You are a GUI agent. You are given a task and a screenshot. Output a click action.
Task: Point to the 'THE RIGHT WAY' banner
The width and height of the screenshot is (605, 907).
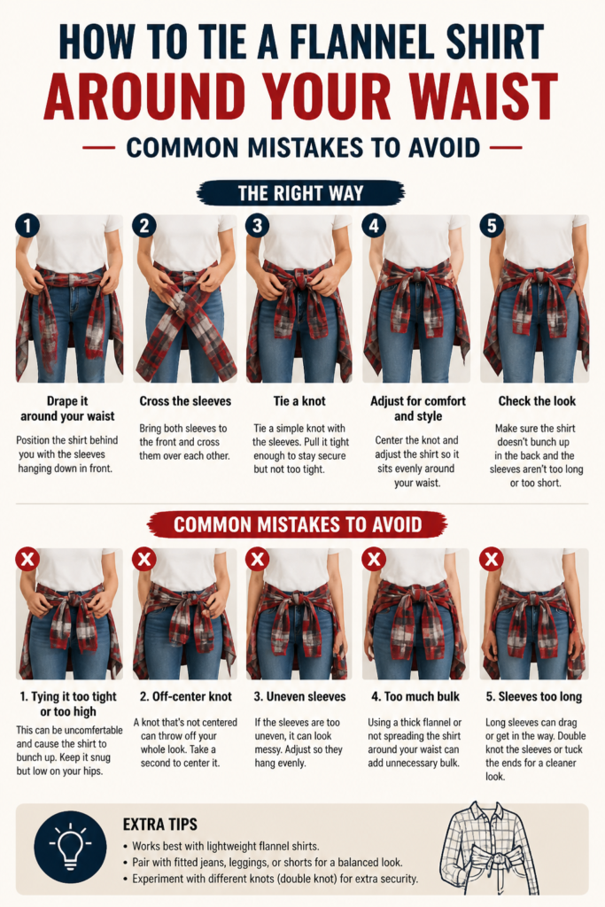[301, 192]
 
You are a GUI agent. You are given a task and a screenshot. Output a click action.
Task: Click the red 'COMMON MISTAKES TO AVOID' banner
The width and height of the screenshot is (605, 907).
[298, 524]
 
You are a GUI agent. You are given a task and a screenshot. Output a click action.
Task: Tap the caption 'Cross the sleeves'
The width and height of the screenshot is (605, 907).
[185, 401]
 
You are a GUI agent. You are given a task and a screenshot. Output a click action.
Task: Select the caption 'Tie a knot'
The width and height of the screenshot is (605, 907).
[299, 401]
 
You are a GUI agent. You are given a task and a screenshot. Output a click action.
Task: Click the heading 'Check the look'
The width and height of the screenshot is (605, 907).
[538, 401]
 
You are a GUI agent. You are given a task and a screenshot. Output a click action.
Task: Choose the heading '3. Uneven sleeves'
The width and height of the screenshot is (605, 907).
[299, 696]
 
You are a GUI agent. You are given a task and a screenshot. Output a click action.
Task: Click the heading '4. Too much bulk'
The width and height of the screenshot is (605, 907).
[415, 696]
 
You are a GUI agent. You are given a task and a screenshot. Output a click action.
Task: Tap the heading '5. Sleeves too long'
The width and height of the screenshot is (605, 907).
[534, 696]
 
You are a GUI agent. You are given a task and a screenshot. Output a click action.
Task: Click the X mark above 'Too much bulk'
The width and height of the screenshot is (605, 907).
[374, 560]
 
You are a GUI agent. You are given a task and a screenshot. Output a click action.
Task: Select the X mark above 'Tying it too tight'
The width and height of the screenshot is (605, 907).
[27, 560]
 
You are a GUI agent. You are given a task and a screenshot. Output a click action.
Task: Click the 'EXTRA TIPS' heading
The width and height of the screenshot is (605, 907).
[160, 825]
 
